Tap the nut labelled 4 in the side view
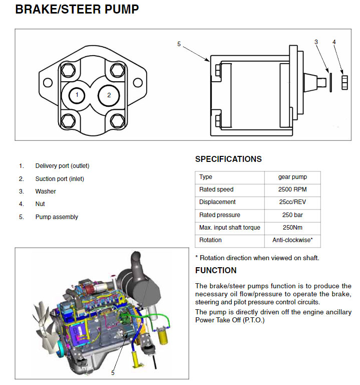(x=344, y=83)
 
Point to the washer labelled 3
(x=330, y=83)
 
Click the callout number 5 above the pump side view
(x=179, y=44)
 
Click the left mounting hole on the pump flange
(x=48, y=83)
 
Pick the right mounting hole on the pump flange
(x=138, y=83)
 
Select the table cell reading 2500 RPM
(x=292, y=189)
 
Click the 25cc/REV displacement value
(x=292, y=202)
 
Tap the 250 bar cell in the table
(x=292, y=215)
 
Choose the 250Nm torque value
(x=292, y=228)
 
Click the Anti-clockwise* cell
(x=292, y=240)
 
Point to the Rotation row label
(x=210, y=240)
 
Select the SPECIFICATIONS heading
(x=228, y=159)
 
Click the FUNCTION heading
(x=216, y=270)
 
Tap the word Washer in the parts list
(x=46, y=191)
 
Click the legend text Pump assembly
(x=57, y=217)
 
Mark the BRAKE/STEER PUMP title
(x=77, y=10)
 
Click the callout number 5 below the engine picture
(x=113, y=373)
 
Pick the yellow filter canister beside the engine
(x=163, y=336)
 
